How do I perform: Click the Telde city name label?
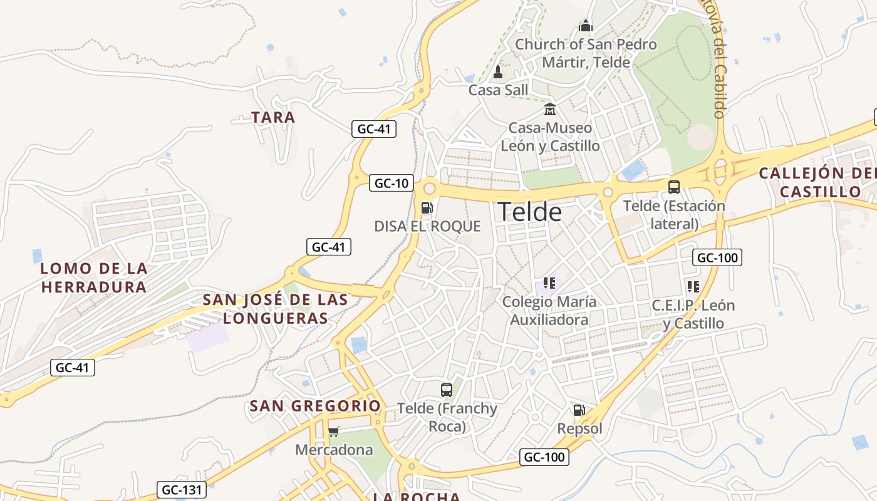click(x=529, y=212)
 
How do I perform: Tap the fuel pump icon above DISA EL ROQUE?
click(x=427, y=207)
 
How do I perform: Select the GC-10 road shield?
click(x=392, y=183)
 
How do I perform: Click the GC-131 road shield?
click(x=181, y=490)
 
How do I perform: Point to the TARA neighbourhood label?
click(x=273, y=117)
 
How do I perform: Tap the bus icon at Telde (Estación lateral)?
click(x=674, y=187)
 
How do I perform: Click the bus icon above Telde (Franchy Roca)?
click(x=446, y=390)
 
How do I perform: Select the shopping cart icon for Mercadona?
click(x=333, y=431)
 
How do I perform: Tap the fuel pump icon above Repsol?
click(x=579, y=410)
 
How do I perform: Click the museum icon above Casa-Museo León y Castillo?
click(x=550, y=110)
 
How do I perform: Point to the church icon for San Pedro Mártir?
click(x=586, y=26)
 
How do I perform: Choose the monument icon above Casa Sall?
click(x=498, y=72)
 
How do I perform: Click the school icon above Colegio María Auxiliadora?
click(x=549, y=283)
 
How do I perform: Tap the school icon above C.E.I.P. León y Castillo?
click(x=693, y=287)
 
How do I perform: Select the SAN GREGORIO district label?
click(x=315, y=406)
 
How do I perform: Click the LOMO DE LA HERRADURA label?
click(x=94, y=278)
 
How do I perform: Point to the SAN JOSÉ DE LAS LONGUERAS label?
click(x=276, y=309)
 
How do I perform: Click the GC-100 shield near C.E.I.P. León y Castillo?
click(x=717, y=257)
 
